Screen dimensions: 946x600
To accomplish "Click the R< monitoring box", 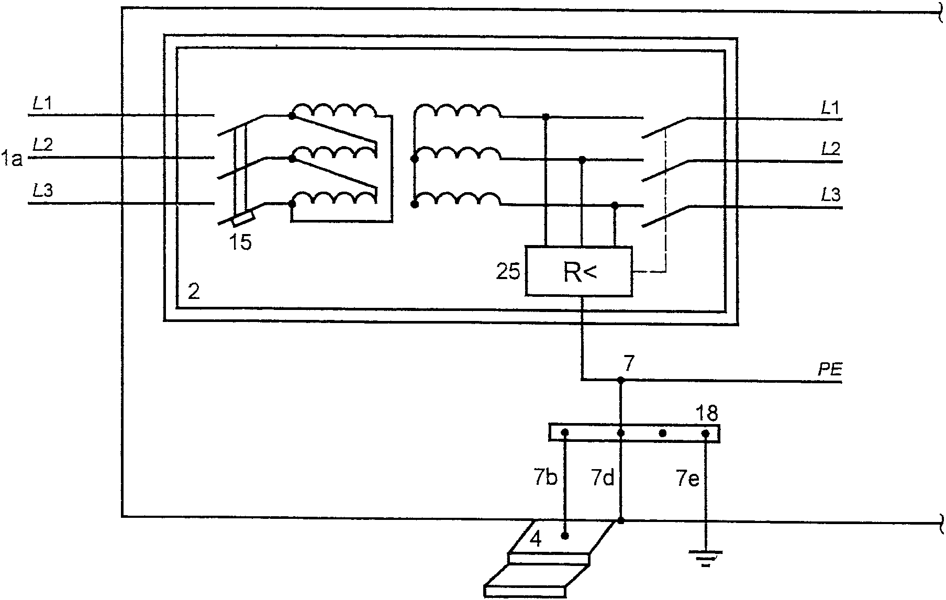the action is (579, 271).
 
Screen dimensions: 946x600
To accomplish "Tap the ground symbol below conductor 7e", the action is (705, 558).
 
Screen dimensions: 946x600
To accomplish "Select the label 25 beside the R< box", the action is (507, 272).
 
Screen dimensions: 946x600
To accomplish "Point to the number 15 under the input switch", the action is (240, 242).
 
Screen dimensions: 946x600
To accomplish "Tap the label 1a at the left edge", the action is (12, 158).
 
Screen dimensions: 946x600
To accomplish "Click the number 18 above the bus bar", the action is (707, 414).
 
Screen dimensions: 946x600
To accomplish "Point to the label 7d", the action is (602, 478).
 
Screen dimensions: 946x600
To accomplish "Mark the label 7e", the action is (687, 478).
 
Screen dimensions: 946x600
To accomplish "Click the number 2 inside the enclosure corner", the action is (194, 292).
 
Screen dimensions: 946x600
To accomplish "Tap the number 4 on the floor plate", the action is (536, 539).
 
